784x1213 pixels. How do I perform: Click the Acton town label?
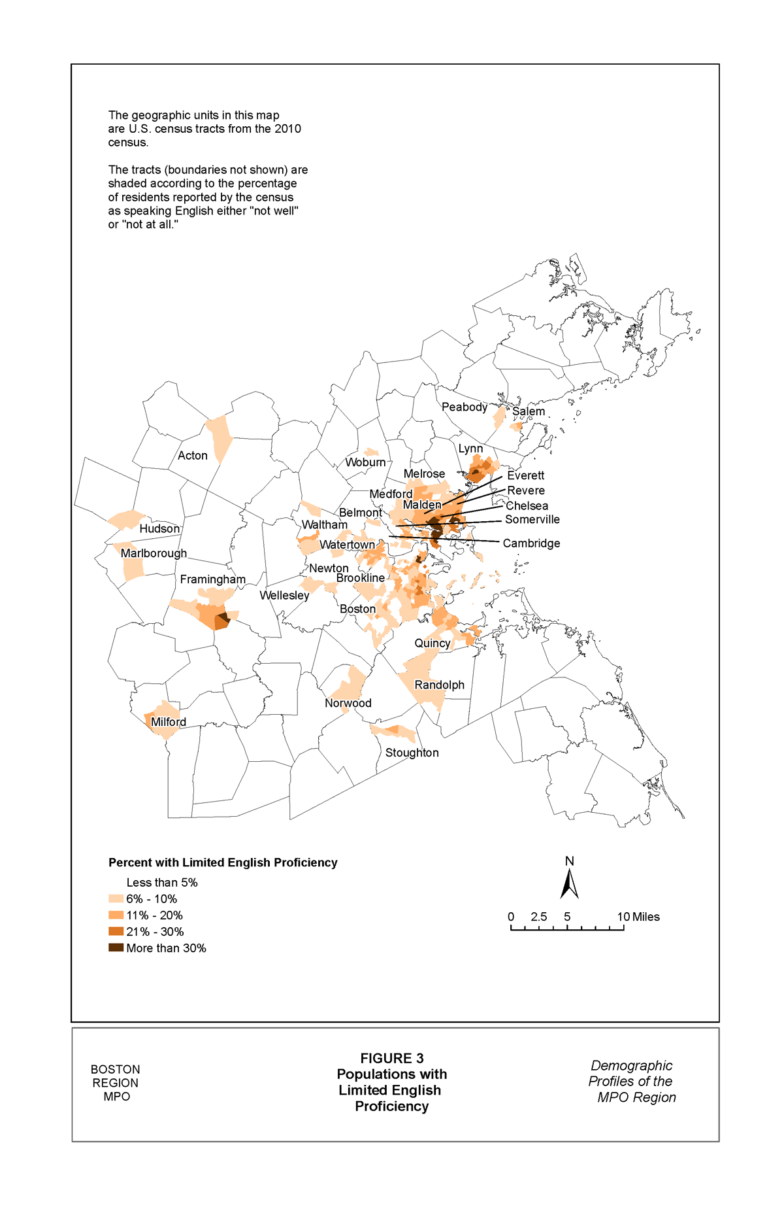click(193, 456)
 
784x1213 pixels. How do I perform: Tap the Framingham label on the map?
click(213, 579)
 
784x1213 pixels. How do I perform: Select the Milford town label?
click(169, 722)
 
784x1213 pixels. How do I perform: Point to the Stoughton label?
click(412, 753)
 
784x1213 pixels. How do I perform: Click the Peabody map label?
click(465, 407)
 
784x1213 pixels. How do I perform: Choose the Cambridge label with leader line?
click(531, 543)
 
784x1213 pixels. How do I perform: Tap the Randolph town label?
click(440, 685)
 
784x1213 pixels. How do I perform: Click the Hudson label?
click(159, 528)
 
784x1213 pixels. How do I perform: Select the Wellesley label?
click(284, 595)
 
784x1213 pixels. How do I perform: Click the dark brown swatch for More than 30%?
click(116, 948)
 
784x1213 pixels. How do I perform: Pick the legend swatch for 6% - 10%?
click(116, 898)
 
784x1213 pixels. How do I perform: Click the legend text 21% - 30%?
click(155, 932)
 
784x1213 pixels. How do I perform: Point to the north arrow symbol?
click(570, 883)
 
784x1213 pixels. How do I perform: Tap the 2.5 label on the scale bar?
click(539, 917)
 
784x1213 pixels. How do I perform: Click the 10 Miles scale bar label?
click(638, 917)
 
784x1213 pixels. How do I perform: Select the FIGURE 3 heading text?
click(392, 1058)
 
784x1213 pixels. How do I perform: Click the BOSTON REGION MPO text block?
click(116, 1083)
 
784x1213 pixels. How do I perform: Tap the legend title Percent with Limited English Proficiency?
click(223, 863)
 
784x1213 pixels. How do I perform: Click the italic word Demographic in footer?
click(631, 1066)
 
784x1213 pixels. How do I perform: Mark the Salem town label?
click(529, 411)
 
